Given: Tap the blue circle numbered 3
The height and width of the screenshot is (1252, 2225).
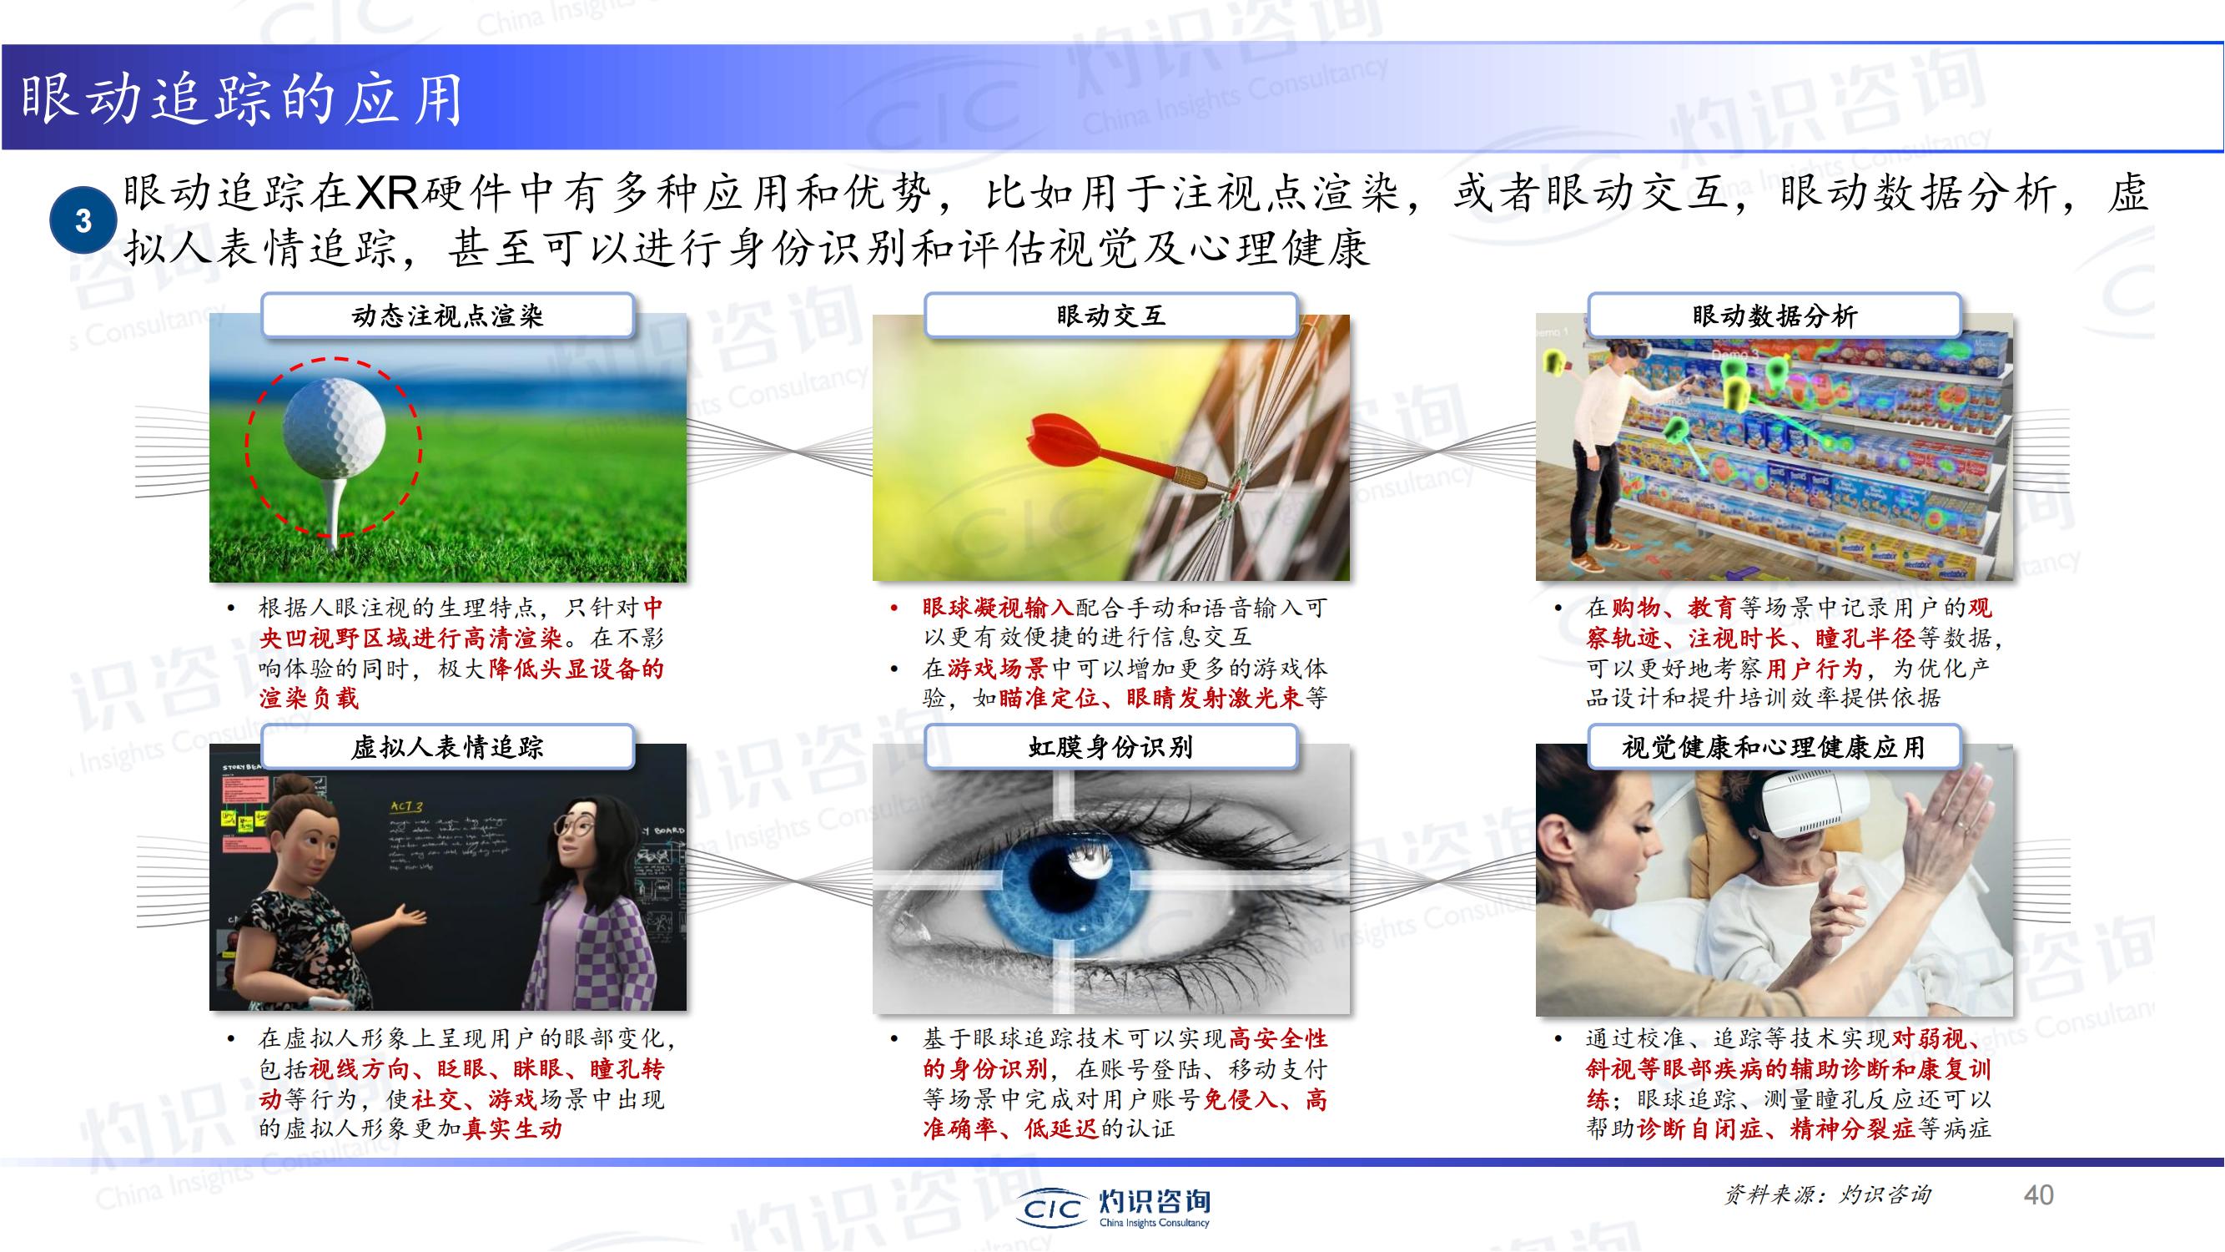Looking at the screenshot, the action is click(83, 220).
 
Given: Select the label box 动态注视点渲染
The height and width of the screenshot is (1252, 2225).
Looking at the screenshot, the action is click(447, 316).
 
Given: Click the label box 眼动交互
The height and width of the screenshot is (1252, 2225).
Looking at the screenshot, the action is click(1110, 316).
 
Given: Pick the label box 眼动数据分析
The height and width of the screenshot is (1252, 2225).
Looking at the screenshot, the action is click(1774, 316).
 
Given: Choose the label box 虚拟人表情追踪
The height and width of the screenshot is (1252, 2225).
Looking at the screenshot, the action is click(447, 746).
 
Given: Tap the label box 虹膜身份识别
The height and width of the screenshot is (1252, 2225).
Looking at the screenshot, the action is click(1110, 746).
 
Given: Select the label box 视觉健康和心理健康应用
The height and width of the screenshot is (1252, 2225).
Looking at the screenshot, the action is click(1774, 746).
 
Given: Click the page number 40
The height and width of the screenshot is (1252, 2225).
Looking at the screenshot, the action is click(2038, 1195).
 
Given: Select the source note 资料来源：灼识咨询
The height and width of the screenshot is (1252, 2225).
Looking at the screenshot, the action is click(1827, 1195).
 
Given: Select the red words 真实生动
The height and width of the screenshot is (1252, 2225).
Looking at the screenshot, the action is click(513, 1128).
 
